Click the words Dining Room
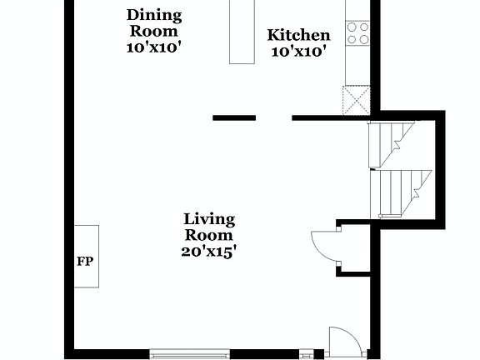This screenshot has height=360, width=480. [154, 22]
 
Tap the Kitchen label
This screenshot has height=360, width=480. [298, 35]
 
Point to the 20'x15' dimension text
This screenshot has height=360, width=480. [209, 250]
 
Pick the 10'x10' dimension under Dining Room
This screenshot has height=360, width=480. [154, 47]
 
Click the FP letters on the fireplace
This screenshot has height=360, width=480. [85, 262]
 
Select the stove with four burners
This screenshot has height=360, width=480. [357, 33]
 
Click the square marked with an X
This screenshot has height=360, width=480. [357, 99]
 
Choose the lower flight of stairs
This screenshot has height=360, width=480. [402, 190]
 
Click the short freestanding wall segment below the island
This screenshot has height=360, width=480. [234, 117]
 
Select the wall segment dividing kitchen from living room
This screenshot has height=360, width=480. [330, 117]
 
